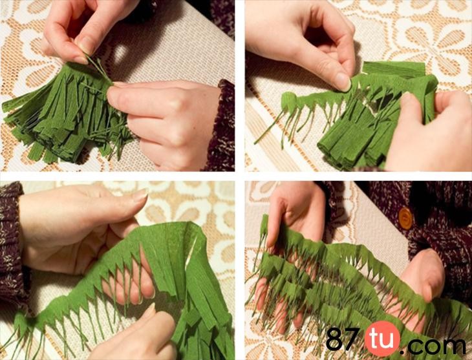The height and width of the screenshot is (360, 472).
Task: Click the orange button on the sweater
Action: [405, 218]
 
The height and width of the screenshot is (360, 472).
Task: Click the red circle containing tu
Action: [382, 339]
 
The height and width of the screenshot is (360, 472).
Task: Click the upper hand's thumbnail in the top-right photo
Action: [343, 81]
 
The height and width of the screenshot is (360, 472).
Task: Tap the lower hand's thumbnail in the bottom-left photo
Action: [150, 310]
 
